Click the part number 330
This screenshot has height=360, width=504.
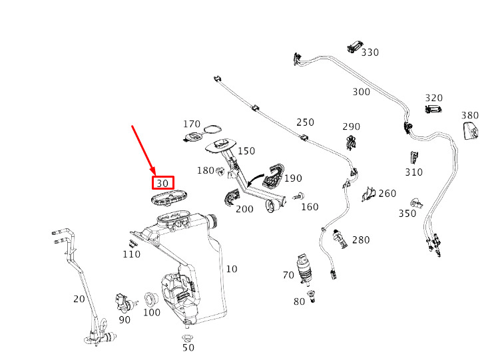pyautogui.click(x=370, y=53)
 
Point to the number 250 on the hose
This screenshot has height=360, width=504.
pyautogui.click(x=305, y=122)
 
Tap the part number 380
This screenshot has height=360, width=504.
pyautogui.click(x=469, y=115)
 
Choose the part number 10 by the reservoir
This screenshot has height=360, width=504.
pyautogui.click(x=232, y=269)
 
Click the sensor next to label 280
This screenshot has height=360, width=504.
pyautogui.click(x=342, y=238)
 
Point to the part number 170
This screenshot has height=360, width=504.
pyautogui.click(x=192, y=124)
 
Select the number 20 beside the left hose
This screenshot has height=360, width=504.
pyautogui.click(x=79, y=299)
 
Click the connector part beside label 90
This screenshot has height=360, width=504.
pyautogui.click(x=125, y=301)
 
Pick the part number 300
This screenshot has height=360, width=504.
pyautogui.click(x=361, y=92)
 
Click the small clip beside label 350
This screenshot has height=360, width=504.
pyautogui.click(x=417, y=202)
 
